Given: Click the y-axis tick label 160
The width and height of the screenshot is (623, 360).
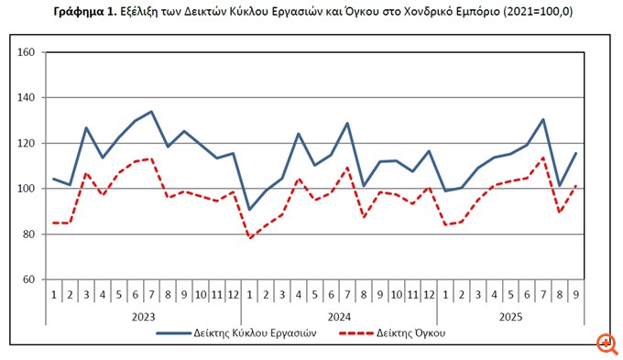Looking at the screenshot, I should (25, 52).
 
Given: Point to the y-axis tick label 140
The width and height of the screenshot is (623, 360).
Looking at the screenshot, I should (25, 98).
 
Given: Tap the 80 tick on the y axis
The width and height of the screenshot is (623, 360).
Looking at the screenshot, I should (27, 235).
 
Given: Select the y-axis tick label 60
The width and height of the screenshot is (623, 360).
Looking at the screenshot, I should (27, 279).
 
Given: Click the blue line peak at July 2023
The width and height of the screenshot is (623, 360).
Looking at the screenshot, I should (151, 112).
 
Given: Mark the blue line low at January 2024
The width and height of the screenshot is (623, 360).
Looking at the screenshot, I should (249, 210).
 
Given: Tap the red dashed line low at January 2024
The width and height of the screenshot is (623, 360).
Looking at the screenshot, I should (249, 238).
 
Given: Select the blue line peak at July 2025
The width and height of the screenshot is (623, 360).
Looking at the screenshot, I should (543, 119).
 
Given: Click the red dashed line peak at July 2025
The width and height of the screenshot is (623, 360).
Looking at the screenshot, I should (543, 158).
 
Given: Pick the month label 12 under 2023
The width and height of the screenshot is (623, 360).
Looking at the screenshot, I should (232, 293).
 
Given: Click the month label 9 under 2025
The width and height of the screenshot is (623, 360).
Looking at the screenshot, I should (575, 293).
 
